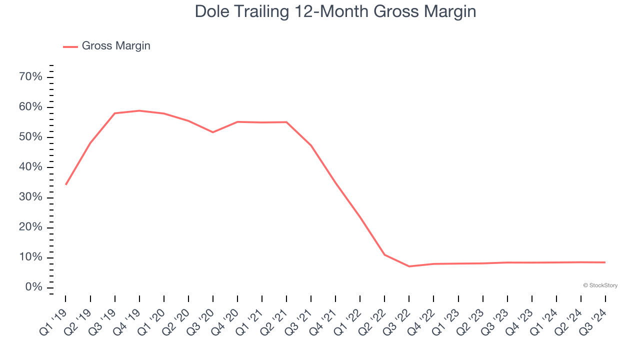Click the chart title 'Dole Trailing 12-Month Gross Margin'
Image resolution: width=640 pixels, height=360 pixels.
335,11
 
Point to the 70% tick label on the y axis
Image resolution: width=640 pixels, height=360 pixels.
30,77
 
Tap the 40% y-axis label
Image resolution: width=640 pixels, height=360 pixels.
30,167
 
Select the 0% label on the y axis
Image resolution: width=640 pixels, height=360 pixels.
33,287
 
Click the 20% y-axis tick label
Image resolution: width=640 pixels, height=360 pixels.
30,227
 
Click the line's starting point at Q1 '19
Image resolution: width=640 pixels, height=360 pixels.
66,184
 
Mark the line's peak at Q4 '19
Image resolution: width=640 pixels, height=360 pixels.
139,110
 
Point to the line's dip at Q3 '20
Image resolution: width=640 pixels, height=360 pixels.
213,132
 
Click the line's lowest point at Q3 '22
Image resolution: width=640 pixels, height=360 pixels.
409,266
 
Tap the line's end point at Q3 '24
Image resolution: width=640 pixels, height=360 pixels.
605,262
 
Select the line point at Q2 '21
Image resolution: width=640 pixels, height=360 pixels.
286,122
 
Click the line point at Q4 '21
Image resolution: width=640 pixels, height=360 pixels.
335,183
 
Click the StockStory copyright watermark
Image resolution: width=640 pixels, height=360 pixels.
600,285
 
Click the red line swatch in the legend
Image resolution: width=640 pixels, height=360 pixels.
70,46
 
